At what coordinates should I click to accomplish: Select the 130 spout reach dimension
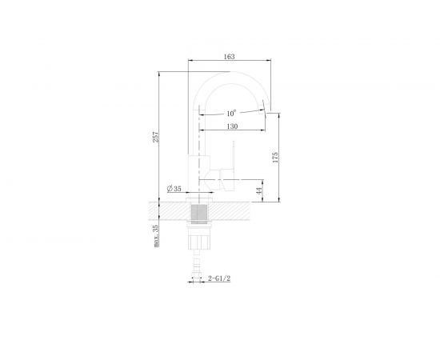click(230, 126)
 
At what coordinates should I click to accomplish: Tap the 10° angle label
click(230, 113)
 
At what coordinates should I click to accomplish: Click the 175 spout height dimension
click(276, 156)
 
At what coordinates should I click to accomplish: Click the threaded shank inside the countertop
click(198, 212)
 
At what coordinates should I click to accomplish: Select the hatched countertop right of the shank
click(240, 211)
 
